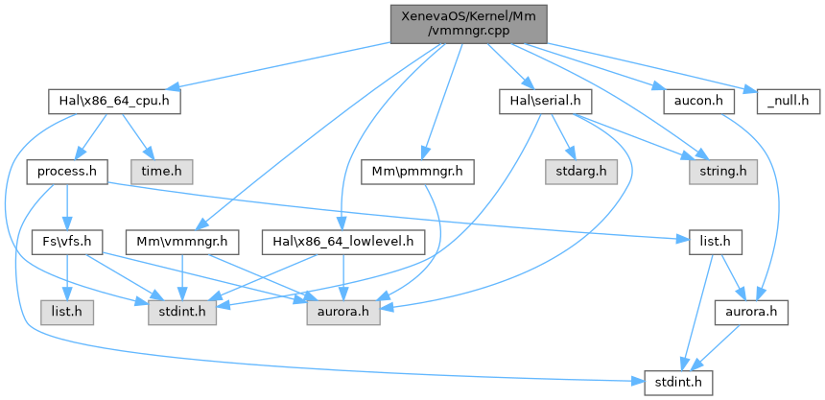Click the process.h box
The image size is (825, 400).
(x=67, y=171)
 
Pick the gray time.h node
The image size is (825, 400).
(x=168, y=171)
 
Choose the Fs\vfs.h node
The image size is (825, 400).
(x=67, y=243)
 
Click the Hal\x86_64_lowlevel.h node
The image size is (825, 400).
(x=342, y=243)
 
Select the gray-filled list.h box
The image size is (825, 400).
(x=66, y=315)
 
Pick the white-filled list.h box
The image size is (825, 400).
(x=716, y=243)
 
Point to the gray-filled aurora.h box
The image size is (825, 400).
(x=342, y=315)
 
